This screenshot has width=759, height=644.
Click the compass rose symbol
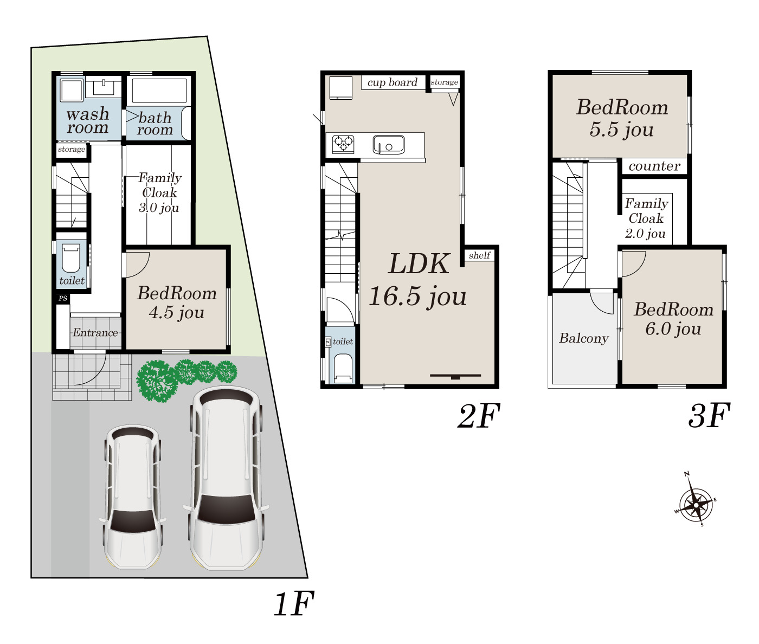pyautogui.click(x=696, y=505)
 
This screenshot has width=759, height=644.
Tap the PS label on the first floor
pyautogui.click(x=63, y=298)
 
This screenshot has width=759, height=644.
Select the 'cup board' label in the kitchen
pyautogui.click(x=393, y=82)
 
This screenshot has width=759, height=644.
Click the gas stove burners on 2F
pyautogui.click(x=343, y=144)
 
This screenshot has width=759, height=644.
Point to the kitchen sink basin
pyautogui.click(x=389, y=145)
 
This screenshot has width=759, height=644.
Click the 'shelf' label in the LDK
pyautogui.click(x=480, y=255)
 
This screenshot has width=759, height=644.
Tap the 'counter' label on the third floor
pyautogui.click(x=654, y=166)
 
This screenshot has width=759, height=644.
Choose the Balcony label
pyautogui.click(x=584, y=338)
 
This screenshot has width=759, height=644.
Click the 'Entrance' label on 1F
pyautogui.click(x=95, y=333)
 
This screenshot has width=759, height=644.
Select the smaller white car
pyautogui.click(x=133, y=497)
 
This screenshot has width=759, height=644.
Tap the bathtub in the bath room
pyautogui.click(x=159, y=91)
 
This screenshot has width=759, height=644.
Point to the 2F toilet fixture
pyautogui.click(x=343, y=368)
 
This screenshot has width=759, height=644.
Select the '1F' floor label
pyautogui.click(x=294, y=603)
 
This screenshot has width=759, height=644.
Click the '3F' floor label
pyautogui.click(x=709, y=416)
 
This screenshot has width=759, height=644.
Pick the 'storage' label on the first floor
pyautogui.click(x=72, y=149)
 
